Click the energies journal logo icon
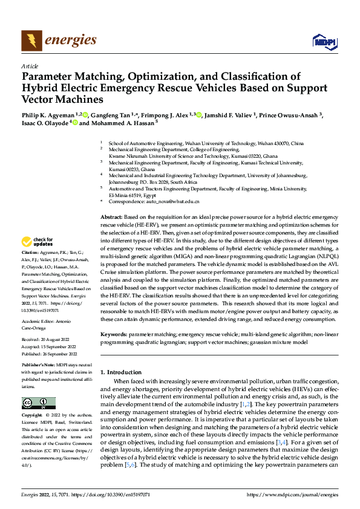(x=31, y=41)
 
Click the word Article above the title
(x=30, y=66)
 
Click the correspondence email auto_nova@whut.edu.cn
(x=175, y=201)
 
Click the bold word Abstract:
(x=111, y=216)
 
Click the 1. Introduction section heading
(x=121, y=372)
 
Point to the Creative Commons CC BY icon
(x=38, y=403)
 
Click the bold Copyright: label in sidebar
(x=32, y=416)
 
